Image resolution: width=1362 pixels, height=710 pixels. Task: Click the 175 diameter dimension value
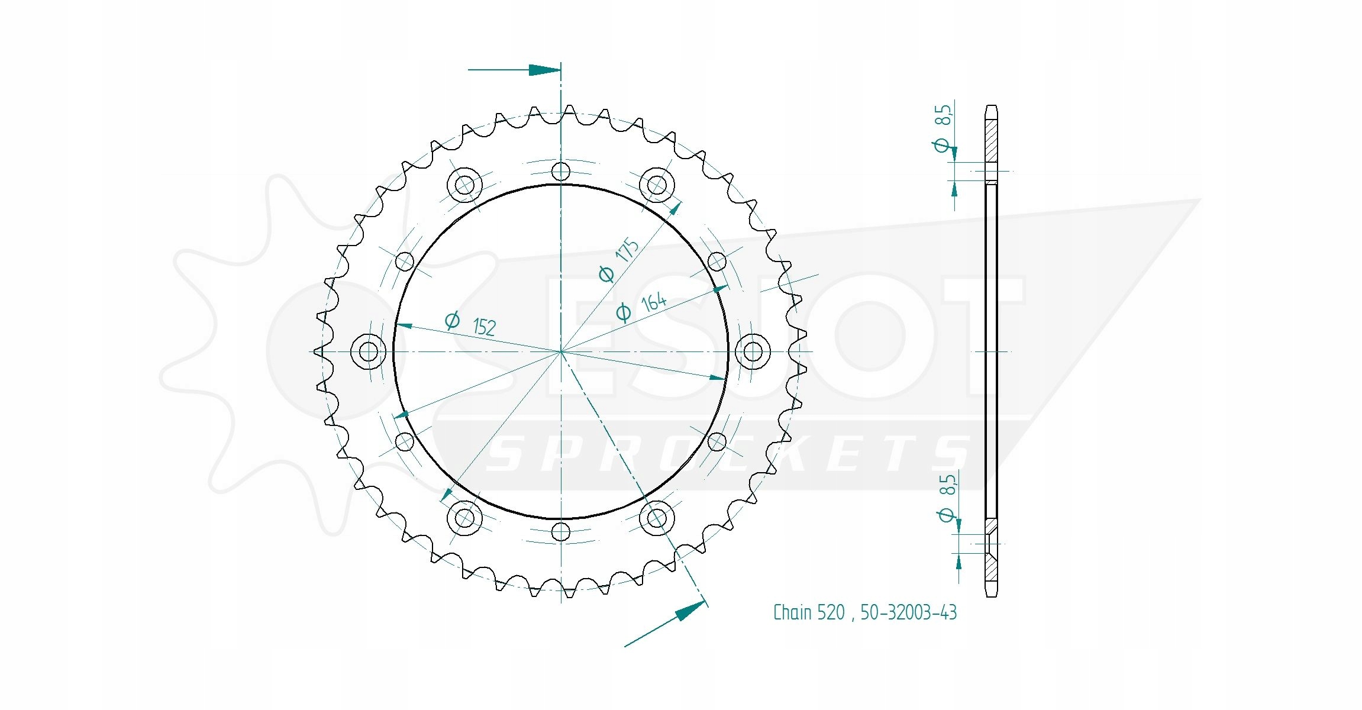[627, 250]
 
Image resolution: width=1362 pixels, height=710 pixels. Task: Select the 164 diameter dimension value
[654, 302]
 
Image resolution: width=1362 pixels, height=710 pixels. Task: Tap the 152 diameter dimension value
[485, 327]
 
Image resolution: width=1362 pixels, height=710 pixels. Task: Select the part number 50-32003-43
[908, 612]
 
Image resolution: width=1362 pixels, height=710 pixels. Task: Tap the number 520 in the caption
[831, 612]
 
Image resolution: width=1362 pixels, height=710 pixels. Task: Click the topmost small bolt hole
[560, 172]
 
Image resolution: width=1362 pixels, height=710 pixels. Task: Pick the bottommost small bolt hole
[560, 531]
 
